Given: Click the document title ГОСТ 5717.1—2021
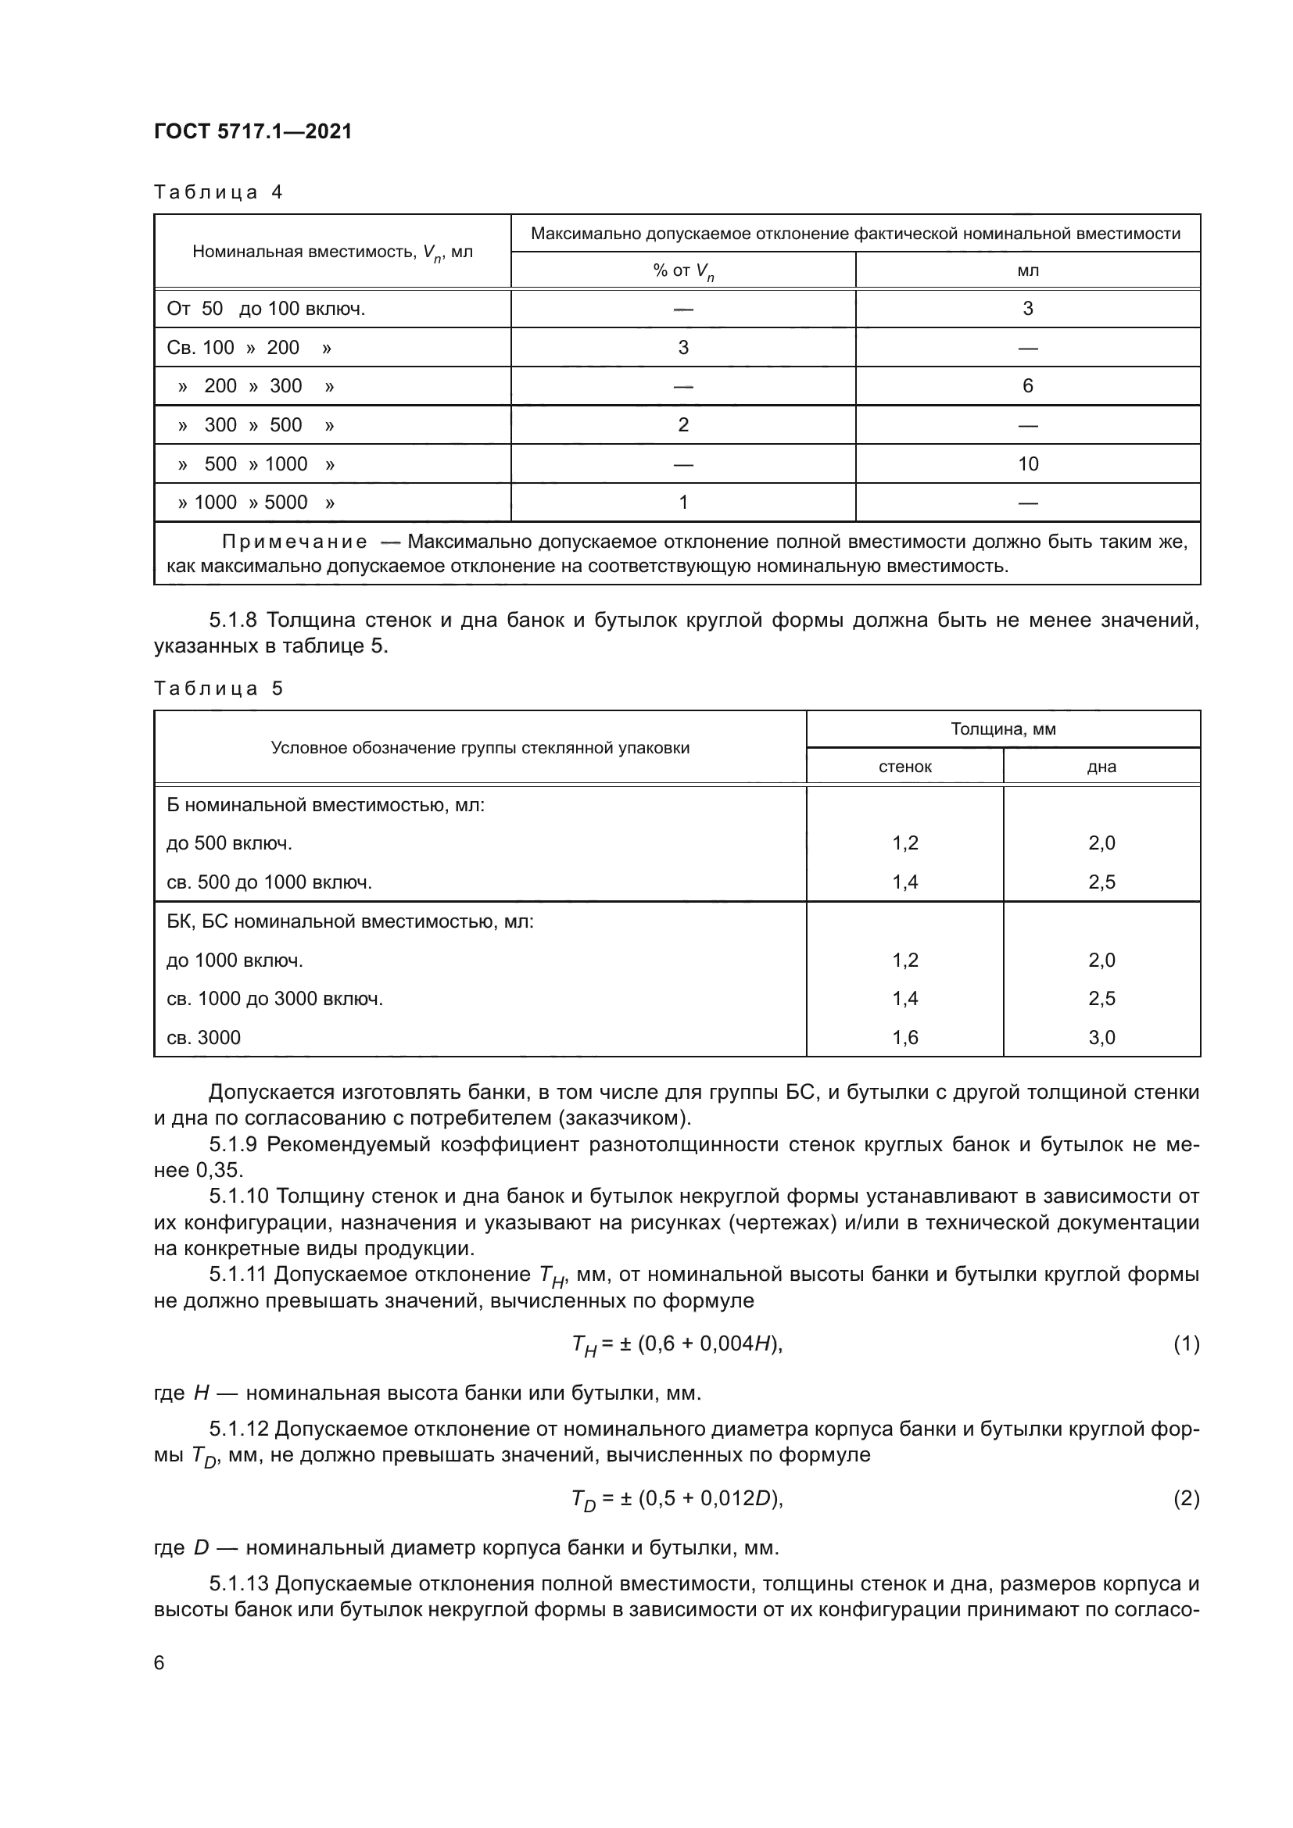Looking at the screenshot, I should [x=253, y=132].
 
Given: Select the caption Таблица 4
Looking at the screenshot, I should [x=218, y=193].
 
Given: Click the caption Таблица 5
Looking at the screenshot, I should [x=218, y=689].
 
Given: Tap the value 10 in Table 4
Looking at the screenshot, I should [x=1027, y=464].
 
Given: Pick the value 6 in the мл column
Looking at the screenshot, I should [x=1027, y=386].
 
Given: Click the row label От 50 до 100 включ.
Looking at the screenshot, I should [x=266, y=309].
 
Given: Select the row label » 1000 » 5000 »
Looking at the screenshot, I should [x=256, y=503].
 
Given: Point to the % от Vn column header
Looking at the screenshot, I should [x=683, y=270].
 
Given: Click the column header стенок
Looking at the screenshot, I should [x=904, y=767].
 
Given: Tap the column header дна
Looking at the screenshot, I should [x=1101, y=767].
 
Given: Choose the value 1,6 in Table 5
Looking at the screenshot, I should [x=904, y=1037].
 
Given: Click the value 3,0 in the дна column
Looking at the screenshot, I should [x=1101, y=1037].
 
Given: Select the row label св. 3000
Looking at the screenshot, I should [x=203, y=1037].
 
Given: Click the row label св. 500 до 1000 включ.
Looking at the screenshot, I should [x=269, y=882].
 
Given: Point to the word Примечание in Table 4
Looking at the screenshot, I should [x=295, y=542].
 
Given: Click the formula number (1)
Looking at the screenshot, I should [x=1186, y=1344].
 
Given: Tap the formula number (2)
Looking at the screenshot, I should [x=1186, y=1498].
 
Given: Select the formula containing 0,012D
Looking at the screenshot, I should [x=677, y=1499].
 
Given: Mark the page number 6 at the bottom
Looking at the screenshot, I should [x=159, y=1663].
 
